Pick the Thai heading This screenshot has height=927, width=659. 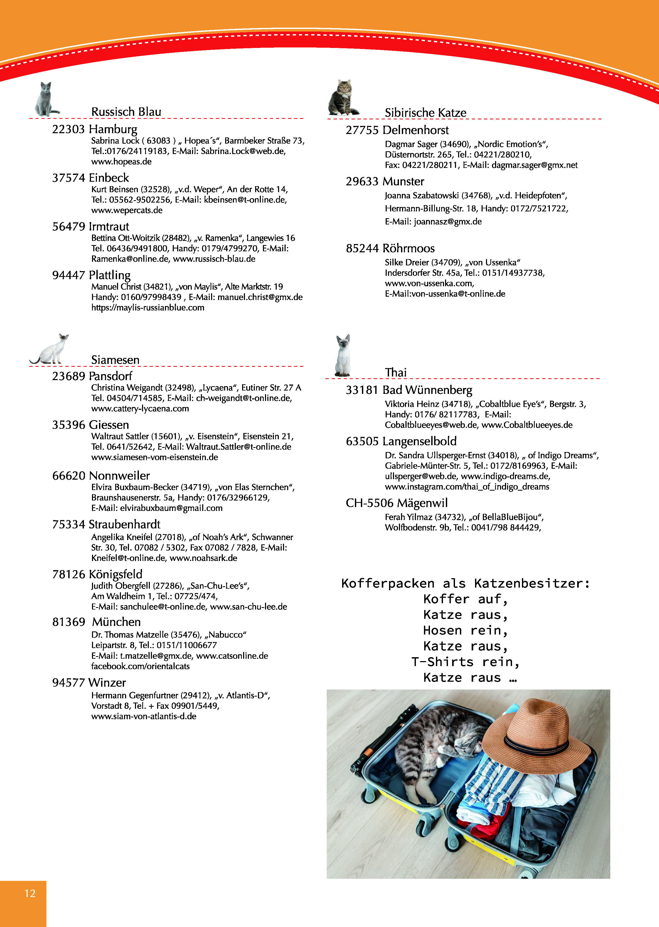tap(396, 372)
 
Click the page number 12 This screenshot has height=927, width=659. tap(30, 893)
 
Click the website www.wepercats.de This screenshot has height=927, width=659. tap(127, 210)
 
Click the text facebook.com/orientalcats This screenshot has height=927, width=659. tap(140, 666)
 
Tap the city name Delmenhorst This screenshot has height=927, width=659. tap(416, 130)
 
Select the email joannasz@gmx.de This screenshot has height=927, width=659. tap(448, 222)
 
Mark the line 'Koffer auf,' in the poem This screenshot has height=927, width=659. tap(465, 599)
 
